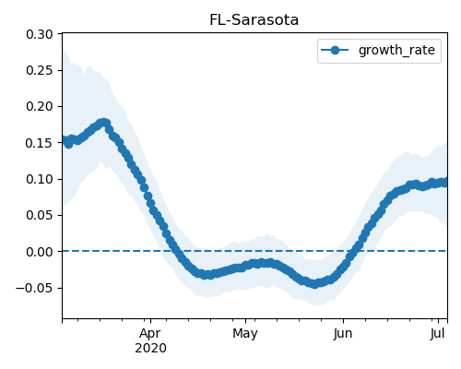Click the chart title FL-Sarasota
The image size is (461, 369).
pos(254,20)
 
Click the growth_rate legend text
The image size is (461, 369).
pos(396,50)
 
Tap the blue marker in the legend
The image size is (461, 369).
pos(335,50)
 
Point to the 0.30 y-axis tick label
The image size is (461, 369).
pos(40,34)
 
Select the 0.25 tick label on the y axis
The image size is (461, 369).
pos(40,70)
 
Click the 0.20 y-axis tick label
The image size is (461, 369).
pos(40,106)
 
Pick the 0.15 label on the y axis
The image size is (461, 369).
pos(40,143)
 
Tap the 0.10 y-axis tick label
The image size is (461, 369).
pos(40,179)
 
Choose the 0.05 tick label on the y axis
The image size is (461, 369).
pos(40,215)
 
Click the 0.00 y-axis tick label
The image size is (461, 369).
pos(40,252)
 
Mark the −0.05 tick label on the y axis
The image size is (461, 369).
pos(34,288)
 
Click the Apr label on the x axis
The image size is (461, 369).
pos(150,333)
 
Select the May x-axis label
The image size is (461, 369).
pos(245,333)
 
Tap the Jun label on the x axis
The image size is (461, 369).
pos(343,333)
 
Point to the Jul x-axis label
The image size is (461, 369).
pos(438,333)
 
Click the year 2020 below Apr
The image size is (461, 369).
pos(150,348)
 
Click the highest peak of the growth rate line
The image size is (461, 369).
pos(104,123)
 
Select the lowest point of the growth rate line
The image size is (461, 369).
pos(314,284)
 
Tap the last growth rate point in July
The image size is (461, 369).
pos(445,183)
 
